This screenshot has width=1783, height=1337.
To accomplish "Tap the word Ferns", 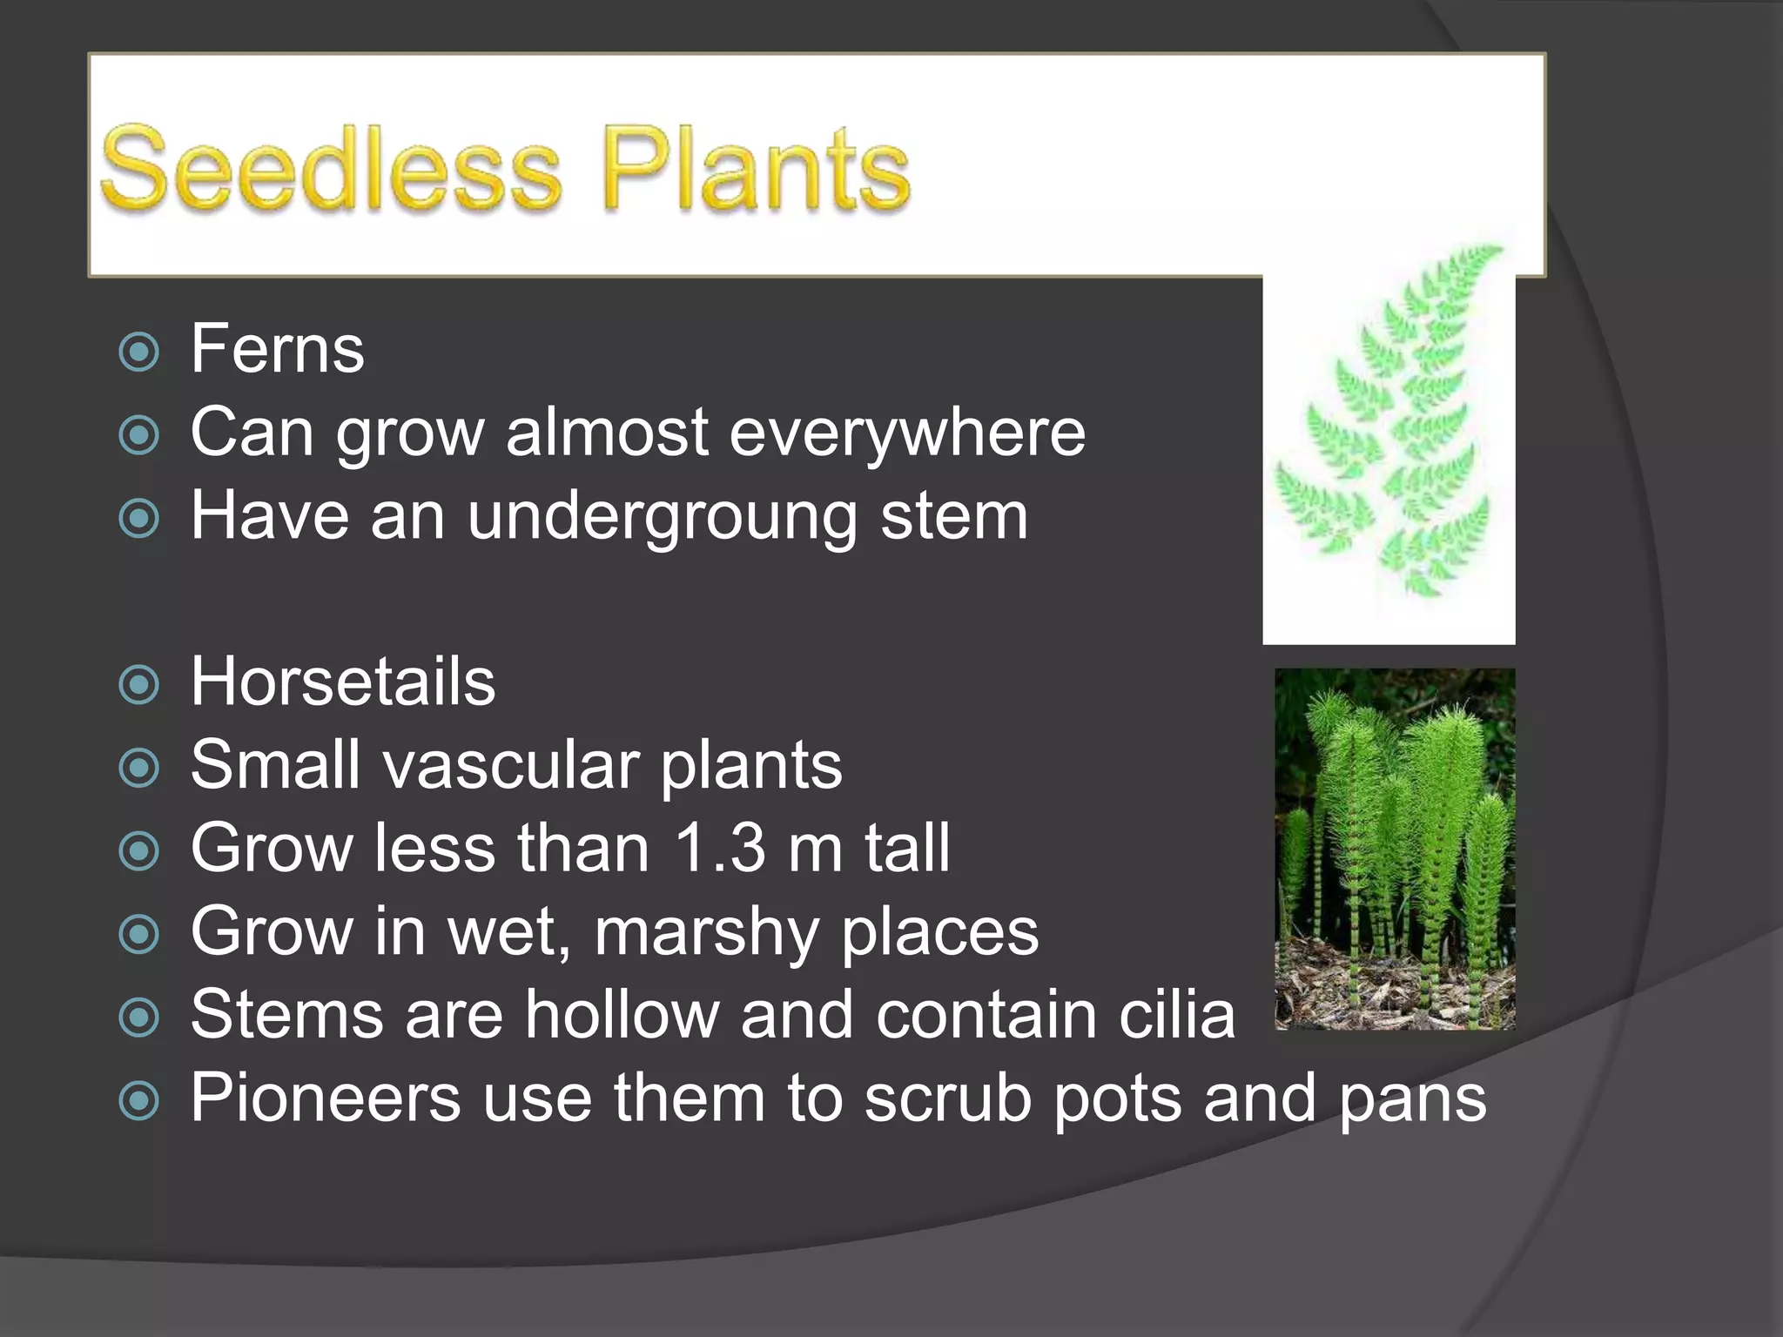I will click(x=277, y=349).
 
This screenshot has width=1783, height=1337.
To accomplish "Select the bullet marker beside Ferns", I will click(x=139, y=352).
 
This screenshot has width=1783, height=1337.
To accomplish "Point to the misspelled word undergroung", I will click(x=663, y=517).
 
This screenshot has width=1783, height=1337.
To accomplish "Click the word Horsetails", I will click(x=343, y=681).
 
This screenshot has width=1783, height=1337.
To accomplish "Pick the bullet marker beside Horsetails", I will click(x=139, y=684).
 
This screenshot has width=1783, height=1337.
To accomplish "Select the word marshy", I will click(x=706, y=932).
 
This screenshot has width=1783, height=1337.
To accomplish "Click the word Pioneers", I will click(x=326, y=1098).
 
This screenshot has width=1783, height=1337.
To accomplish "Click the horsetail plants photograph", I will click(x=1395, y=849).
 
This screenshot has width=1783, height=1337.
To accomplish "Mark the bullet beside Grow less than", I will click(x=139, y=851).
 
